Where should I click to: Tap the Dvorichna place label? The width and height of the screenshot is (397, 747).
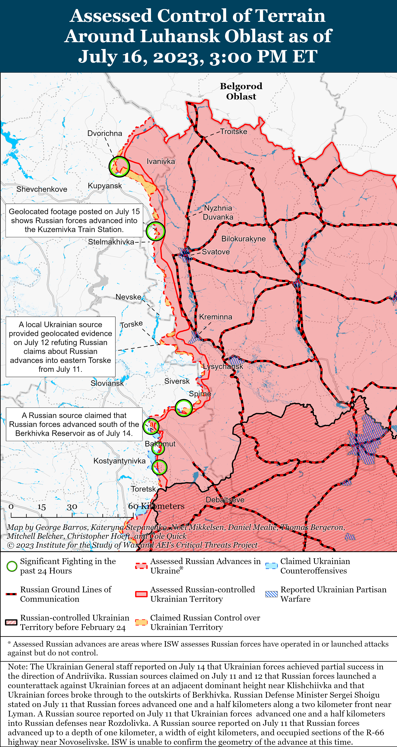tap(105, 133)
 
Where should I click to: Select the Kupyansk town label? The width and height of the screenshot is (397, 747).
tap(105, 186)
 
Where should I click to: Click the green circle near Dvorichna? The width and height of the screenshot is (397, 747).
tap(119, 166)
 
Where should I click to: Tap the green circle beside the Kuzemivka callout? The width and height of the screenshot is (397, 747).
tap(155, 231)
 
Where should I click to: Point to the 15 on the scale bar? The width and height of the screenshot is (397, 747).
tap(42, 507)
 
